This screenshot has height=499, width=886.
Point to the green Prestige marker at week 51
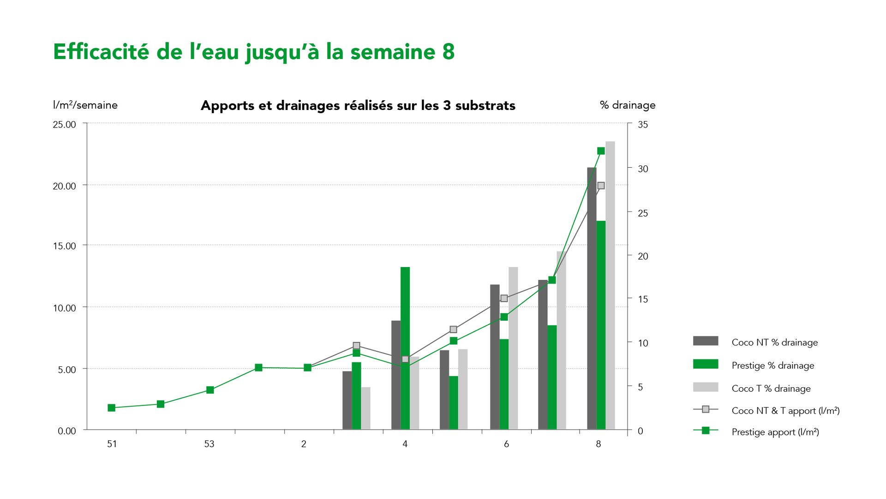click(111, 408)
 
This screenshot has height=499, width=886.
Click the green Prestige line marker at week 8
click(601, 151)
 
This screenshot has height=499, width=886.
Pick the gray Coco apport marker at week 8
click(601, 186)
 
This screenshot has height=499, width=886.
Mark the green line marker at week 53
click(210, 390)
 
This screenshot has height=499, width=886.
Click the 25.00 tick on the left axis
click(65, 124)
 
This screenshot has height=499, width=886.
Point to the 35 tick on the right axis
click(643, 124)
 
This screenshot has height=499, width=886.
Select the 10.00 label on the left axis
click(65, 308)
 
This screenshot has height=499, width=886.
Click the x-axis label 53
click(209, 444)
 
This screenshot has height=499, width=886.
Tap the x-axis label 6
click(506, 444)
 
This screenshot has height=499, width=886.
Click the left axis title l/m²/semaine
click(85, 105)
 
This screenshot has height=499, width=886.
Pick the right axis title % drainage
click(628, 105)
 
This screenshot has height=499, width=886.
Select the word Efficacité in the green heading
click(101, 52)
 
